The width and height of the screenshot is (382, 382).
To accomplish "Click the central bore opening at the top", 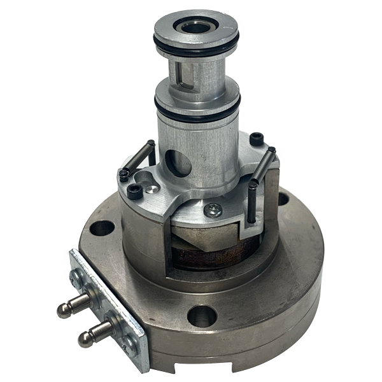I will pyautogui.click(x=195, y=28).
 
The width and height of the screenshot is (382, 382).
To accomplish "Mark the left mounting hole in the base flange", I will pyautogui.click(x=97, y=226).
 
